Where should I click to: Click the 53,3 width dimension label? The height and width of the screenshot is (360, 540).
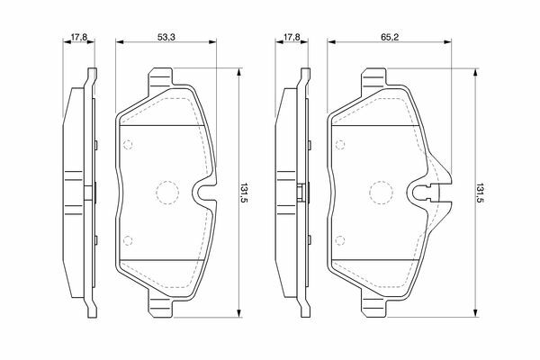point(166,37)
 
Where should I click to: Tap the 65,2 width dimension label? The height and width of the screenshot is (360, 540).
point(390,37)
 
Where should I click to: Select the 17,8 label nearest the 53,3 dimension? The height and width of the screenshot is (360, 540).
point(79,37)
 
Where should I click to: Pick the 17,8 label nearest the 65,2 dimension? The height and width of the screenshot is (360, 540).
point(292,37)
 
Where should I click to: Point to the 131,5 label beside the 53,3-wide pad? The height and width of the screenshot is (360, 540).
point(245,193)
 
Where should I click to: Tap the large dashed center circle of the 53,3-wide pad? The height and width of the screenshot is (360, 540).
point(167,193)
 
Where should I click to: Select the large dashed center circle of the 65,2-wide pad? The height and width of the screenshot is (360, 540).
point(382,193)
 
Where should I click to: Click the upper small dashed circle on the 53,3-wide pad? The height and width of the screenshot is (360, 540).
point(128,145)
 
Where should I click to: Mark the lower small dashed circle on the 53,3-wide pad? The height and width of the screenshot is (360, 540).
point(128,240)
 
